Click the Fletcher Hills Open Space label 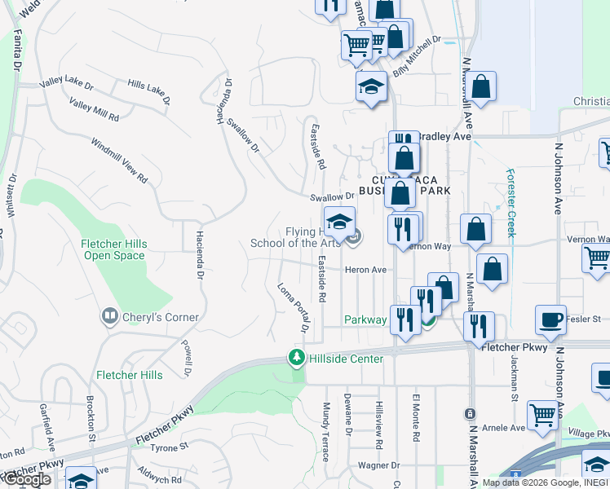[113, 249]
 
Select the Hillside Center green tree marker [296, 358]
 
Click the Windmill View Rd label [120, 160]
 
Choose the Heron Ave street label [365, 270]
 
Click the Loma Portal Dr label [291, 307]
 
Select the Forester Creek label [511, 202]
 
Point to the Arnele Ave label [503, 428]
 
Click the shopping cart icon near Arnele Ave [542, 415]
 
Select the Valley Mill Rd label [94, 109]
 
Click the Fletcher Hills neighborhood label [129, 375]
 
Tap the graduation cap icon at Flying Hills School [340, 221]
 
